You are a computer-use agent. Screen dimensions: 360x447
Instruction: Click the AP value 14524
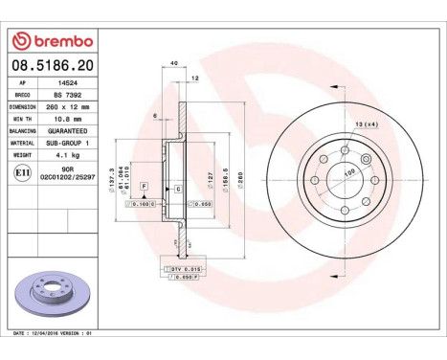65,83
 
